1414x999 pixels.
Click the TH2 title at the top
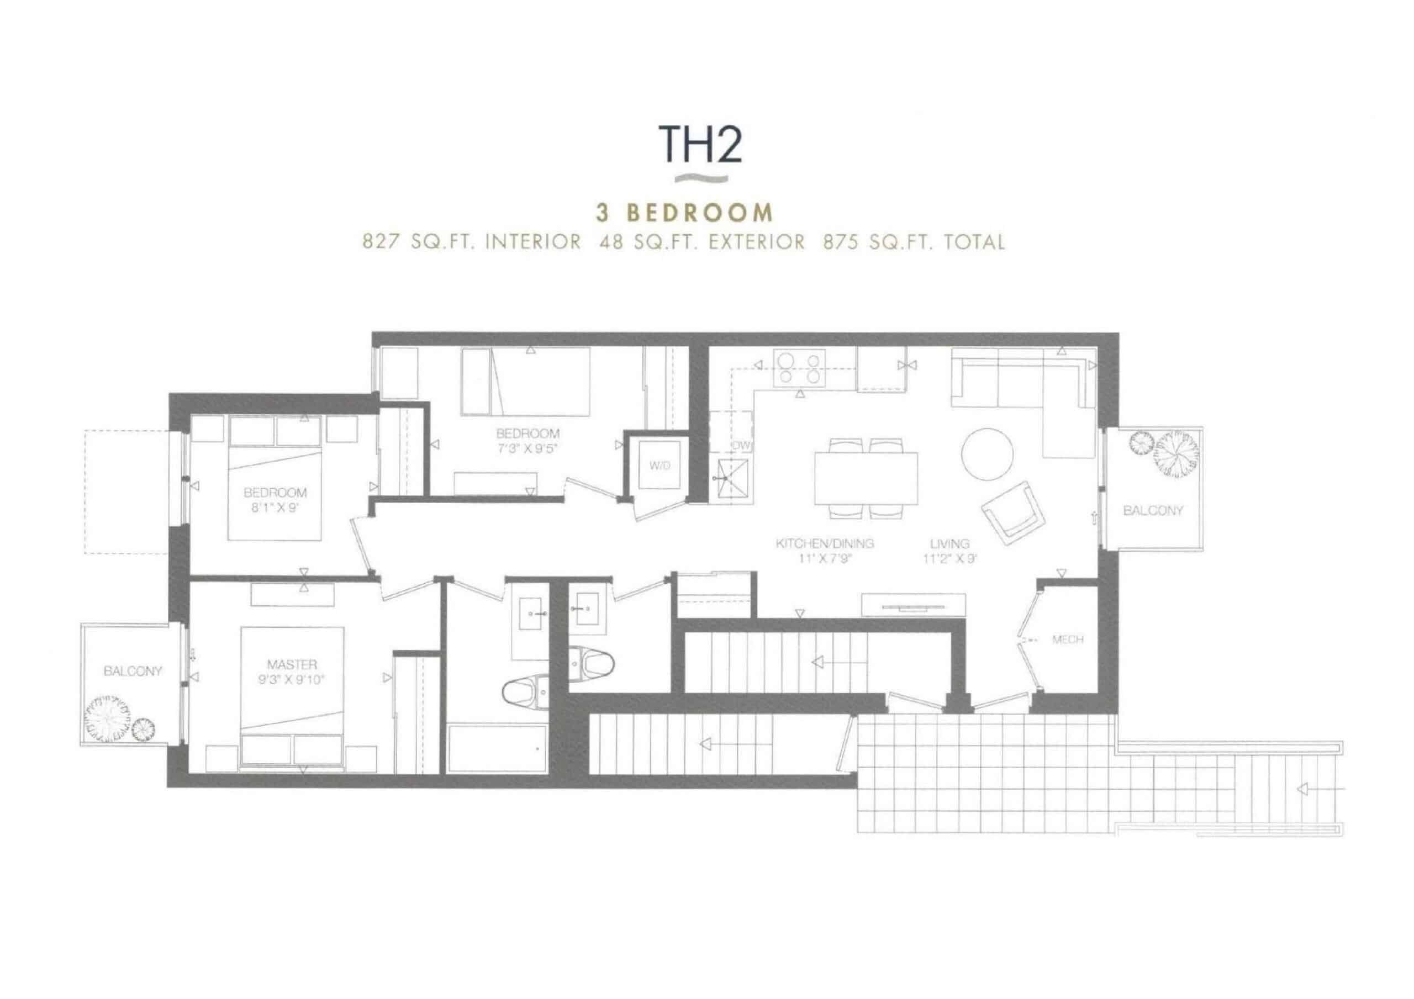click(x=701, y=144)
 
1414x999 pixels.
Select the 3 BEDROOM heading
click(x=684, y=213)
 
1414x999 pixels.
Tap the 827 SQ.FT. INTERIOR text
click(x=472, y=242)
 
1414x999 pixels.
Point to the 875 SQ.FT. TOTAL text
click(x=914, y=242)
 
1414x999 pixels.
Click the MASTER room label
click(x=292, y=664)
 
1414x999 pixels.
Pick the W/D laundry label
click(x=659, y=466)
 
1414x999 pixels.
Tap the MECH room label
click(x=1067, y=639)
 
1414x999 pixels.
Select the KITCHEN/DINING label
click(x=825, y=543)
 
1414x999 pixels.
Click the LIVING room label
click(x=949, y=543)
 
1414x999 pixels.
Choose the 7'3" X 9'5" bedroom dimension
click(x=527, y=448)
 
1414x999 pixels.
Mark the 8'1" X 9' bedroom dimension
click(x=275, y=508)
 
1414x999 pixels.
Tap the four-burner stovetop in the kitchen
click(x=799, y=367)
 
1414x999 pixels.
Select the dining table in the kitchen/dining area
click(x=866, y=478)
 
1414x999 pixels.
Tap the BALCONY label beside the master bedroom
click(x=133, y=671)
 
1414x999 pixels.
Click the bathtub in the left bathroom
click(x=497, y=748)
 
